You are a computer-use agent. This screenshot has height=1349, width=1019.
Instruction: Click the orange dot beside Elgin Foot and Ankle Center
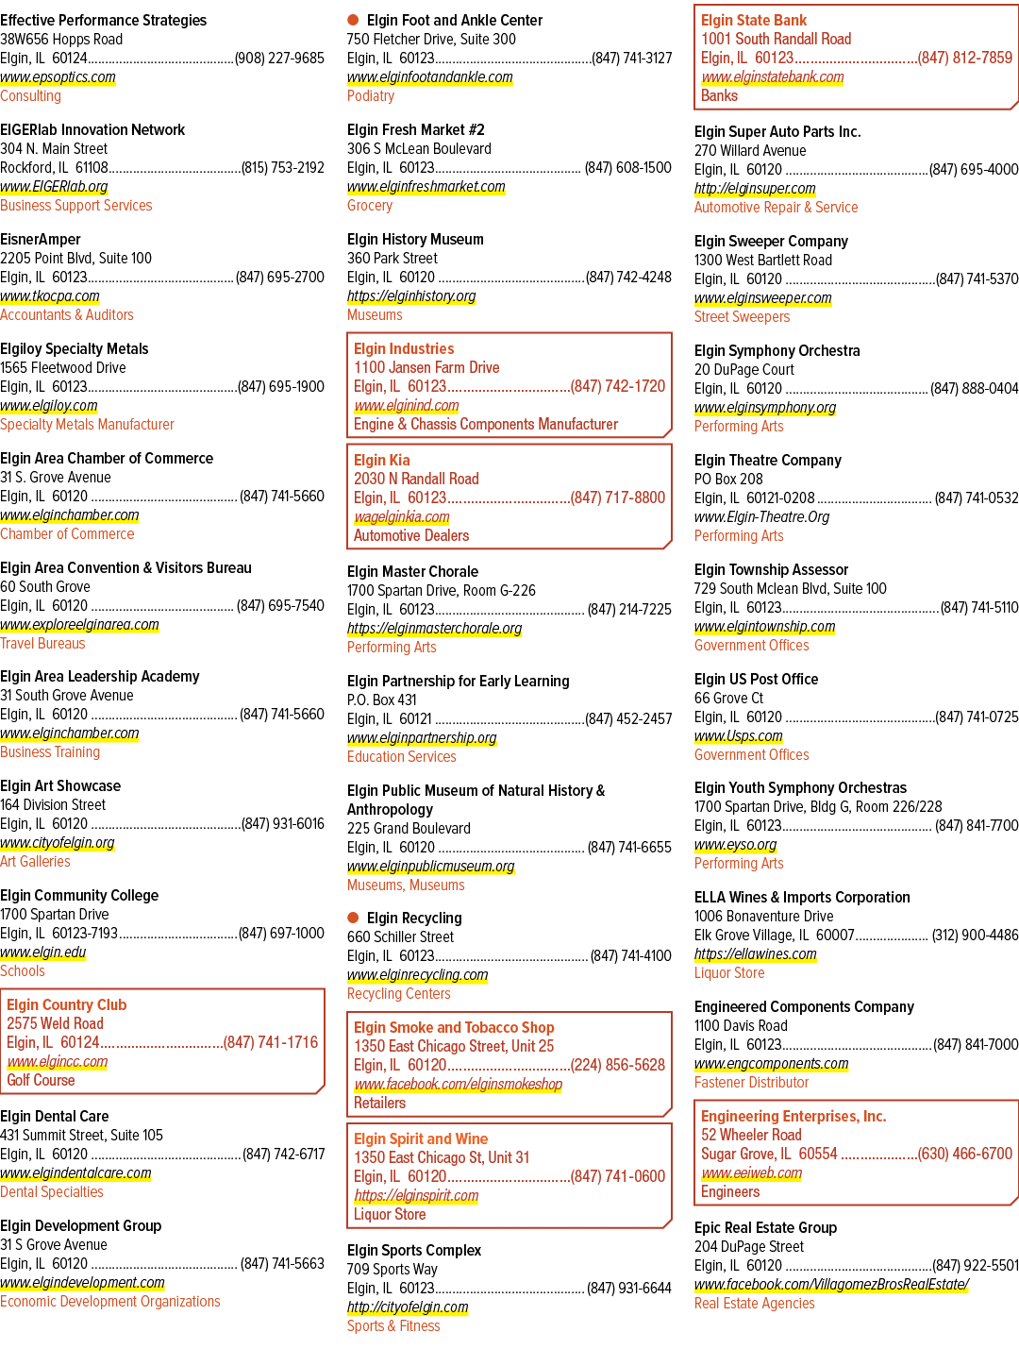pos(353,20)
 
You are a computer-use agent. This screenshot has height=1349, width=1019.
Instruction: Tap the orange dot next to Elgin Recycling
pos(353,917)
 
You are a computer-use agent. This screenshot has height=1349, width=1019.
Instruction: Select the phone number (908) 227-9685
pos(279,59)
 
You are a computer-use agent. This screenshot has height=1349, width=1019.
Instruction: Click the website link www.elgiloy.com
pos(48,406)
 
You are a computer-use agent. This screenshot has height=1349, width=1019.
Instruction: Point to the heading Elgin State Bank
pos(754,20)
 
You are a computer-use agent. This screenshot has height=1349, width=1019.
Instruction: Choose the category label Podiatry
pos(371,96)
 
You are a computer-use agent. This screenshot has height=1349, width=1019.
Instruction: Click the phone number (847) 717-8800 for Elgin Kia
pos(618,497)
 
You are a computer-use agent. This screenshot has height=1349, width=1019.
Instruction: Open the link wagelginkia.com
pos(402,517)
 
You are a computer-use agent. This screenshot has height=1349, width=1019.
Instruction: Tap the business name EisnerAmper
pos(40,239)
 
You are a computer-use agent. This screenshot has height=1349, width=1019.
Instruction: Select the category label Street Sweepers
pos(742,316)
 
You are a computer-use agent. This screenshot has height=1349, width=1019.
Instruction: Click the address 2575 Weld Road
pos(56,1023)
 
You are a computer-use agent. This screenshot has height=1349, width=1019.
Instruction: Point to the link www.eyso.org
pos(735,845)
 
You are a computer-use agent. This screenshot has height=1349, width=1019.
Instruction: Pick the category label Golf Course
pos(41,1080)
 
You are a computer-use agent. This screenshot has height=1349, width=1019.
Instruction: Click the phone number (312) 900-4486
pos(976,935)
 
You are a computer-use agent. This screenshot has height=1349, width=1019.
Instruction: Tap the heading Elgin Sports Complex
pos(414,1250)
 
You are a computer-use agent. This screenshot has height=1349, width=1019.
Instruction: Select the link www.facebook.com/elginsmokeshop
pos(459,1084)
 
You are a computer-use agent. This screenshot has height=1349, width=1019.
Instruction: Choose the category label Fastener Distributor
pos(751,1082)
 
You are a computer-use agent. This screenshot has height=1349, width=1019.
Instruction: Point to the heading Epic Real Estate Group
pos(765,1227)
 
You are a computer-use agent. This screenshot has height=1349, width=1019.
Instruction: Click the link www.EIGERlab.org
pos(54,186)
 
